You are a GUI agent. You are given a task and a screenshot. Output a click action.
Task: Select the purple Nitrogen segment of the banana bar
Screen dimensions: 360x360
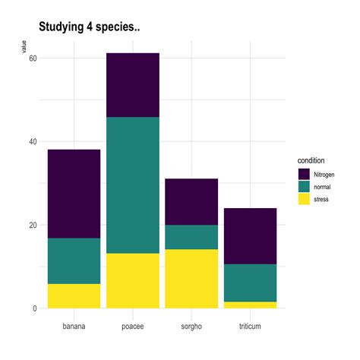click(x=74, y=194)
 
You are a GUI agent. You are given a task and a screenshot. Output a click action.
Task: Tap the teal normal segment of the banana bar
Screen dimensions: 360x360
click(x=74, y=261)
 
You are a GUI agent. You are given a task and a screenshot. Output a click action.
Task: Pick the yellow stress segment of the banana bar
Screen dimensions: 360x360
click(x=74, y=295)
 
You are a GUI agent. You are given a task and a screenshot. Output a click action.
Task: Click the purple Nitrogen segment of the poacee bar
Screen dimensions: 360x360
click(x=132, y=85)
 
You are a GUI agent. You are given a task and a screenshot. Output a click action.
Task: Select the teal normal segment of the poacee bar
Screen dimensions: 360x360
click(x=132, y=185)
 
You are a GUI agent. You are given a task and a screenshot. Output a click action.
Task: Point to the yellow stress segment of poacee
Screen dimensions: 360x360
click(x=132, y=280)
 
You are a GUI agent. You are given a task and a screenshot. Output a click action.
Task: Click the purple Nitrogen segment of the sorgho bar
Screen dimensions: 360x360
click(x=191, y=201)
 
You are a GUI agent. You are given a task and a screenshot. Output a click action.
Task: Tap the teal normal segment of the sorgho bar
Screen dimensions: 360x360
click(x=191, y=237)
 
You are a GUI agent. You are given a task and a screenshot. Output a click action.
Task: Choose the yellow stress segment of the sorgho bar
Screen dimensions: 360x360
click(x=191, y=278)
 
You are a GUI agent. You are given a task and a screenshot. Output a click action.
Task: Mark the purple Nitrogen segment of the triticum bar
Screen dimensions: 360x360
click(x=249, y=235)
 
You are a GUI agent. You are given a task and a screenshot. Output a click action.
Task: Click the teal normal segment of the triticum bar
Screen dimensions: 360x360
click(x=249, y=283)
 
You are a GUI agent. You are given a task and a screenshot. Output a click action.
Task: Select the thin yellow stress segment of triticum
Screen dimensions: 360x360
click(x=249, y=305)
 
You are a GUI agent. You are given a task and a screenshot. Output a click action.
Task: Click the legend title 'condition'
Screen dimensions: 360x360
click(x=311, y=161)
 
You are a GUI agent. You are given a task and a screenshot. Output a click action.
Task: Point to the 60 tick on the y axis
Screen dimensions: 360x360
click(x=33, y=58)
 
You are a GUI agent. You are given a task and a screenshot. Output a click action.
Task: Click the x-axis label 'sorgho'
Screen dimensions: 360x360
click(x=191, y=326)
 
